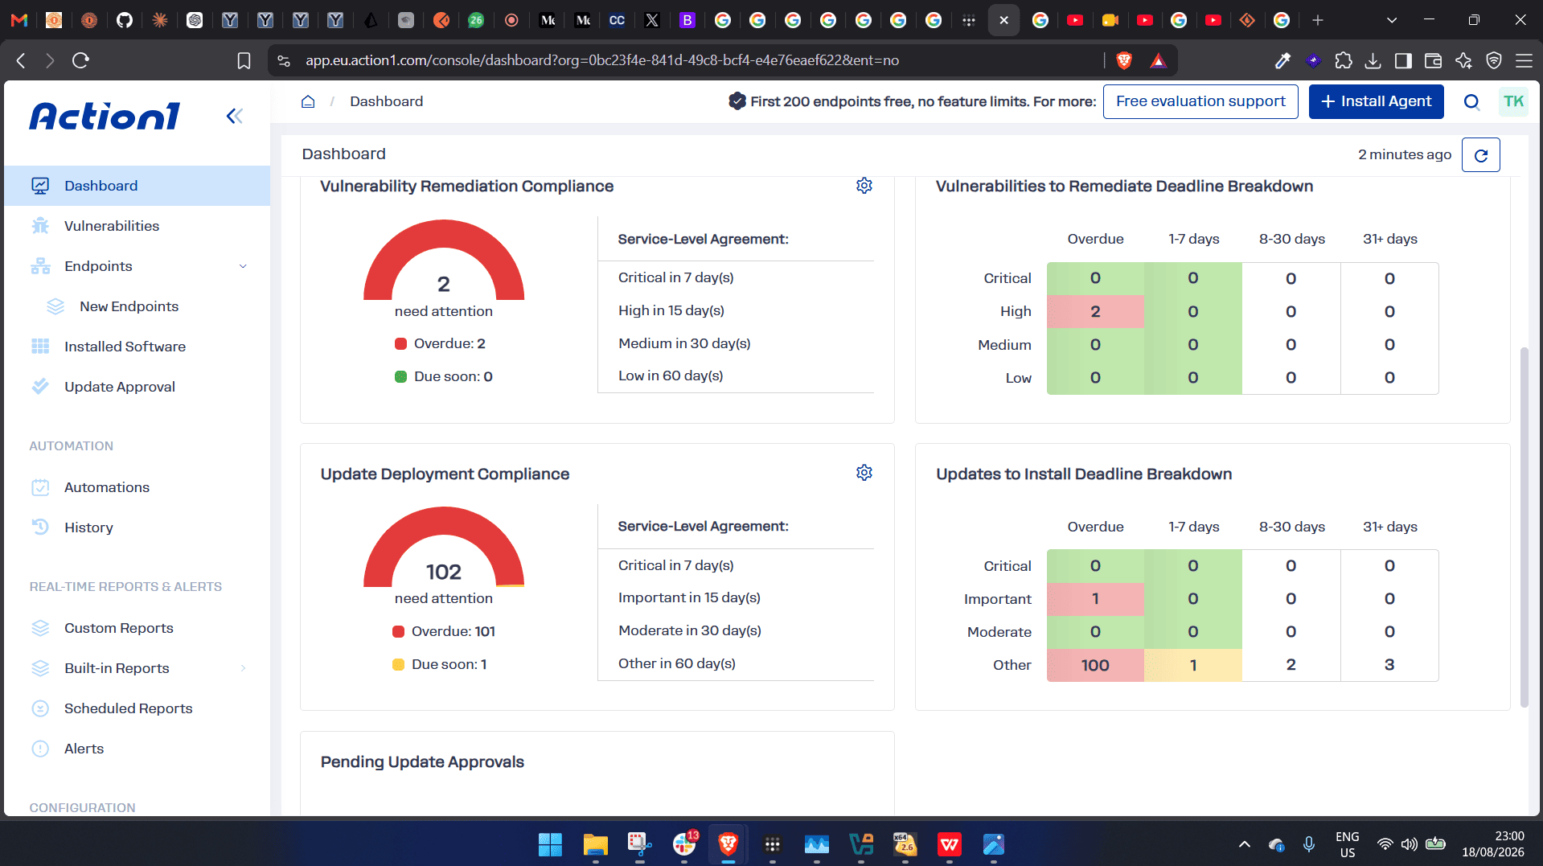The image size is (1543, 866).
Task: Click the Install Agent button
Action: pyautogui.click(x=1376, y=101)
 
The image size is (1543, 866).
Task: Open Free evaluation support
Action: pyautogui.click(x=1200, y=101)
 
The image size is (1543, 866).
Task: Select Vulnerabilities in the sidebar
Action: pyautogui.click(x=112, y=226)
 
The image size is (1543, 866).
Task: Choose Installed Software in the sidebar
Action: pyautogui.click(x=125, y=347)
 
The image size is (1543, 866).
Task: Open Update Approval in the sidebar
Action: pyautogui.click(x=120, y=387)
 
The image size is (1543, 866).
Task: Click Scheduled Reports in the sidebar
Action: pyautogui.click(x=129, y=708)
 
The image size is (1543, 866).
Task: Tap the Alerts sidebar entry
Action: pyautogui.click(x=84, y=749)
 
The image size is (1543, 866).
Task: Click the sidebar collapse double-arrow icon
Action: pyautogui.click(x=234, y=117)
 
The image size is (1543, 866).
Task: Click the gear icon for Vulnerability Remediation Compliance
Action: pyautogui.click(x=864, y=186)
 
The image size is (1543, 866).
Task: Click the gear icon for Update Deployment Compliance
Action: pyautogui.click(x=864, y=473)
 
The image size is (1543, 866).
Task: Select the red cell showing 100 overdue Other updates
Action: pyautogui.click(x=1095, y=665)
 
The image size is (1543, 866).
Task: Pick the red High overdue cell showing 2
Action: pyautogui.click(x=1095, y=311)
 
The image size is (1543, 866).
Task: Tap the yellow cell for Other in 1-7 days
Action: pyautogui.click(x=1193, y=665)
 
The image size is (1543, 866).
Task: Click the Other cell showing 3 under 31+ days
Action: pyautogui.click(x=1389, y=665)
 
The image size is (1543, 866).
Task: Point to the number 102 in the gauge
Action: pyautogui.click(x=444, y=572)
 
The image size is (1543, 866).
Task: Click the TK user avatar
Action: pyautogui.click(x=1513, y=101)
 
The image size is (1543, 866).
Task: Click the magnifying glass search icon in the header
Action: pyautogui.click(x=1471, y=101)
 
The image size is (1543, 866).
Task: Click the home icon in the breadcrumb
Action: pyautogui.click(x=308, y=101)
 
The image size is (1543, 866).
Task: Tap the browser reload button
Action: pyautogui.click(x=80, y=60)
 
